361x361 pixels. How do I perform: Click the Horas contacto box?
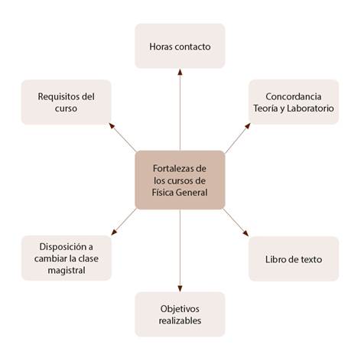(x=180, y=46)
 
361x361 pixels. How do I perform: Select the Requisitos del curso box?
(x=66, y=102)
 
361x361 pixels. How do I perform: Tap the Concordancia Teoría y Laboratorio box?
(x=294, y=102)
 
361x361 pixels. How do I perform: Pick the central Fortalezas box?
(x=180, y=180)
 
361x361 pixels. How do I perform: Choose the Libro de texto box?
(x=294, y=259)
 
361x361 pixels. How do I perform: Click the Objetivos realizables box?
(x=180, y=314)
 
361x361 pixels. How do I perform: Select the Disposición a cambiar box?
(x=67, y=258)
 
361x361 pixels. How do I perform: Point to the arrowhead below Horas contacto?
(x=180, y=72)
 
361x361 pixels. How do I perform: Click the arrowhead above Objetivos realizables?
(x=180, y=288)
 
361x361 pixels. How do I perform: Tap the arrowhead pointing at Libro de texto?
(x=246, y=233)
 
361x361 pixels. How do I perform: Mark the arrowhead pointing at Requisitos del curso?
(x=112, y=125)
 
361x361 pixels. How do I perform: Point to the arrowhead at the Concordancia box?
(x=248, y=125)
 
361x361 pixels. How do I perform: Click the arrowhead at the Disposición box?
(x=114, y=233)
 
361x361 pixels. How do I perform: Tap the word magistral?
(x=67, y=270)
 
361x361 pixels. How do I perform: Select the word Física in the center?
(x=162, y=192)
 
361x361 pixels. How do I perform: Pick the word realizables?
(x=180, y=320)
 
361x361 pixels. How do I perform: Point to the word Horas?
(x=158, y=47)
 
